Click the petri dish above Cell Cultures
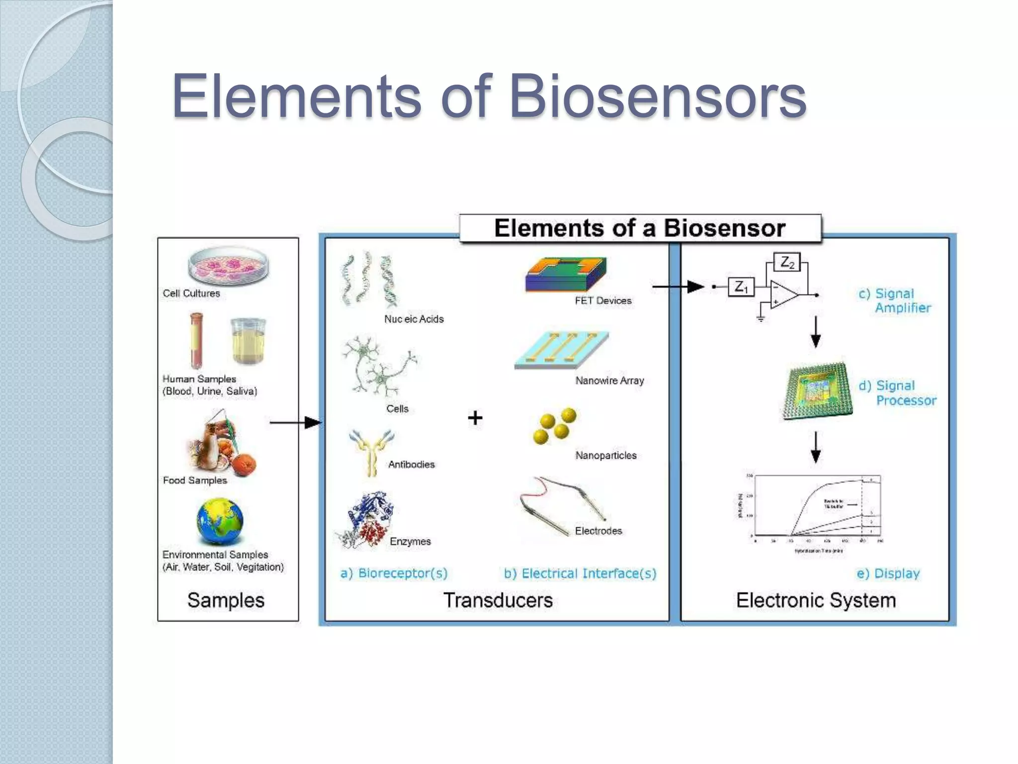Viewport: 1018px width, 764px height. click(229, 266)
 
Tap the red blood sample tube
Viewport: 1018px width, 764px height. click(196, 341)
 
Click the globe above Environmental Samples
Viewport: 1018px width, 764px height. click(220, 522)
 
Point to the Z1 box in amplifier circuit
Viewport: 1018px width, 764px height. click(741, 287)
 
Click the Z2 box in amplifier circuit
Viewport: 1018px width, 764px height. click(787, 262)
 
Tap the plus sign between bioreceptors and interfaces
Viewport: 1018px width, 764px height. click(475, 417)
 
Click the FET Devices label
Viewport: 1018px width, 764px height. click(603, 300)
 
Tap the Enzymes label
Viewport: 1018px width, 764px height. click(410, 541)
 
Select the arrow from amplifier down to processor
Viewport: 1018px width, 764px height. click(816, 332)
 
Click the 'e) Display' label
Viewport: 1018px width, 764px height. click(888, 573)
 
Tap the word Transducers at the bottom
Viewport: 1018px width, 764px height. click(498, 600)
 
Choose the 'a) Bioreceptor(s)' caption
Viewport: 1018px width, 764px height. click(394, 573)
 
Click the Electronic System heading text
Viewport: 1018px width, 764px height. click(816, 600)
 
